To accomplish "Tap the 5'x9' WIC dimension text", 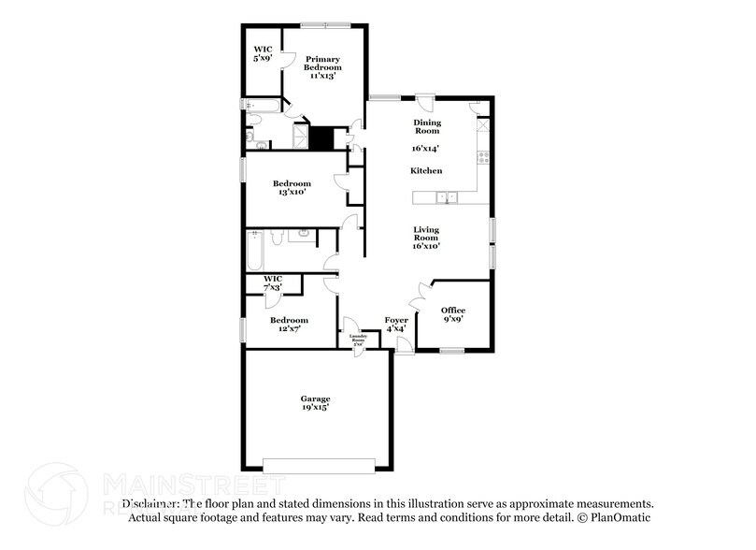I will click(263, 59).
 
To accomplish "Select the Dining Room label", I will click(427, 126).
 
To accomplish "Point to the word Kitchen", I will click(426, 170).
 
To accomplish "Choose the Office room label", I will click(453, 311).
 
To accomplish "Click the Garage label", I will click(315, 398).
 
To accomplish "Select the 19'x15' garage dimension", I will click(315, 409).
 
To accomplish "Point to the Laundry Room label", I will click(357, 339).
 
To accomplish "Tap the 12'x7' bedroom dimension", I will click(289, 328).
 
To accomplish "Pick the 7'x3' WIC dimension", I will click(273, 286).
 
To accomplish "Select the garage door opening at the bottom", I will click(319, 464).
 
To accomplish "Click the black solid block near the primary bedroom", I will click(321, 138).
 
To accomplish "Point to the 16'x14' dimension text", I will click(426, 148).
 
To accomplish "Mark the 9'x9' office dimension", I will click(453, 320).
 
